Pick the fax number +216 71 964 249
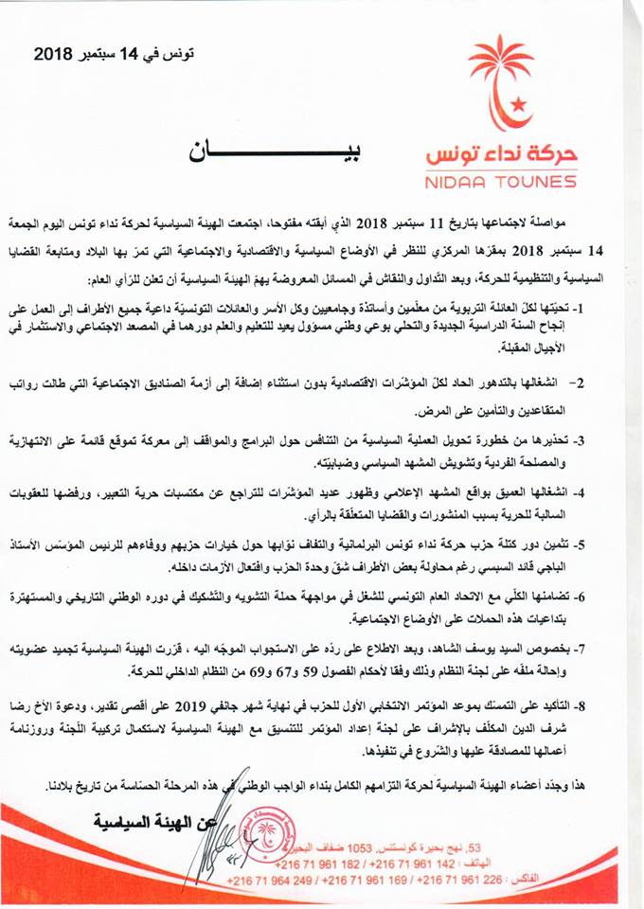(x=266, y=883)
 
